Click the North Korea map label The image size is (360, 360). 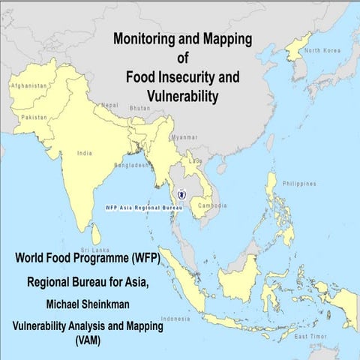pos(322,50)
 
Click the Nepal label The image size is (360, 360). pos(109,105)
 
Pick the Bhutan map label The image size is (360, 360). pos(140,108)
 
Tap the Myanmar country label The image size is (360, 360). pos(184,137)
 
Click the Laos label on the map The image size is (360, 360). pos(195,160)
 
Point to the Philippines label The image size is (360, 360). pos(300,183)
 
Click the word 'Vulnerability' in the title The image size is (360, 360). pos(181,96)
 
